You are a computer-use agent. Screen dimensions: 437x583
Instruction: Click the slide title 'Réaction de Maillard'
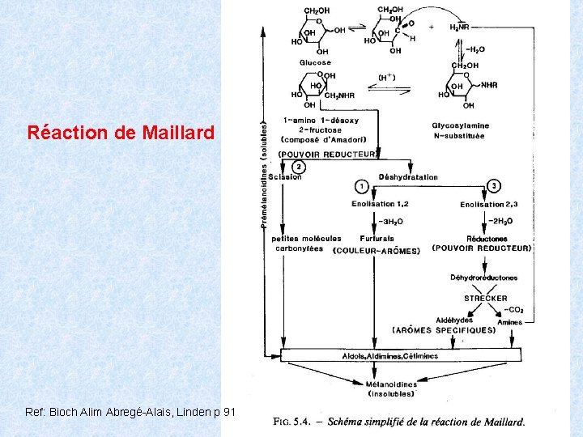[121, 132]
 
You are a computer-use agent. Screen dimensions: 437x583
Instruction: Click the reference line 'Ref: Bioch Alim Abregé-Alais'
[130, 412]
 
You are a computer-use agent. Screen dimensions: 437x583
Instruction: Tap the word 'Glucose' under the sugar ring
[315, 62]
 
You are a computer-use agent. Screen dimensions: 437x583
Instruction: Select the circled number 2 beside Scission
[298, 167]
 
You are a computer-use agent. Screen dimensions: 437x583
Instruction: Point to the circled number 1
[362, 186]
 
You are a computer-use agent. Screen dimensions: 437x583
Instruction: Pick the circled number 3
[494, 186]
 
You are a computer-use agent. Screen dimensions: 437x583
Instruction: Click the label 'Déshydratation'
[408, 177]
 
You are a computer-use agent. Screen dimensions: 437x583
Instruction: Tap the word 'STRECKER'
[486, 299]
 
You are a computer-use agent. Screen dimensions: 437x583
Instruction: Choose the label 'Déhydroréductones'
[484, 278]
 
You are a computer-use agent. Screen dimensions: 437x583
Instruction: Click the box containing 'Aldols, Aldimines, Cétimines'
[400, 356]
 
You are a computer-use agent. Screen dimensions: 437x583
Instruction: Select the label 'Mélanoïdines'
[391, 385]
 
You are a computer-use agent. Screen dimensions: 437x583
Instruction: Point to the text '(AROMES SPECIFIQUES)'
[444, 330]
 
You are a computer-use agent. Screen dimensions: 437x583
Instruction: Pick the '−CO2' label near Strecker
[515, 309]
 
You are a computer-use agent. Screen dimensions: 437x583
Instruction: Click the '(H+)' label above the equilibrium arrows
[387, 78]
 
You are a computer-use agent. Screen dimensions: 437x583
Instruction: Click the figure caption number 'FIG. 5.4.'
[291, 421]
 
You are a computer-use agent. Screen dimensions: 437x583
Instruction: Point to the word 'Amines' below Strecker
[510, 321]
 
